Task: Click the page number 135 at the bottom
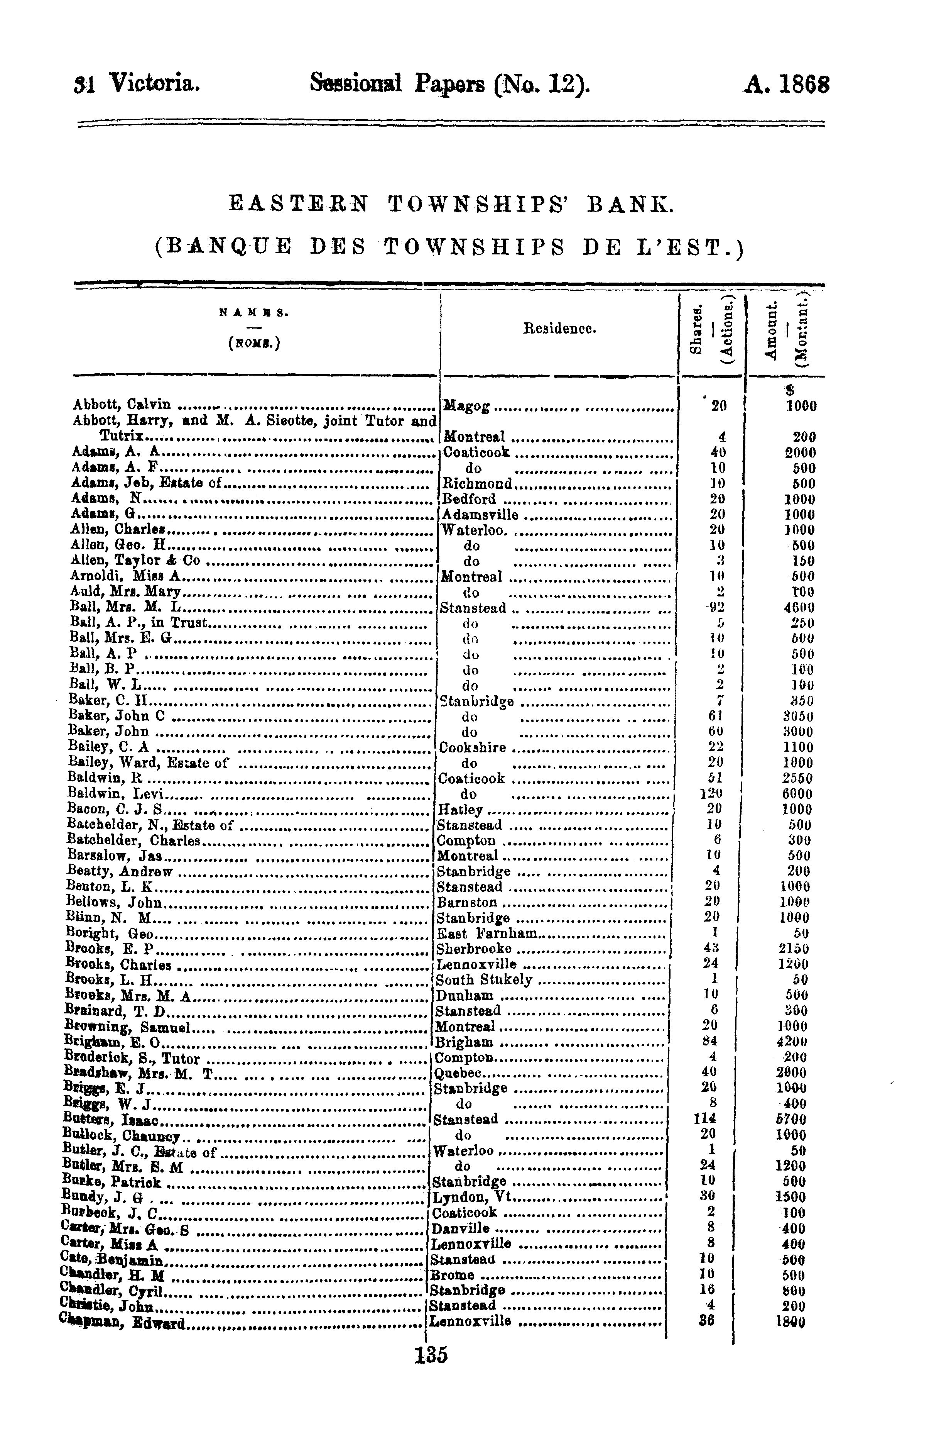431,1355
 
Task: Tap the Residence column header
559,329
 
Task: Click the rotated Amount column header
770,331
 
